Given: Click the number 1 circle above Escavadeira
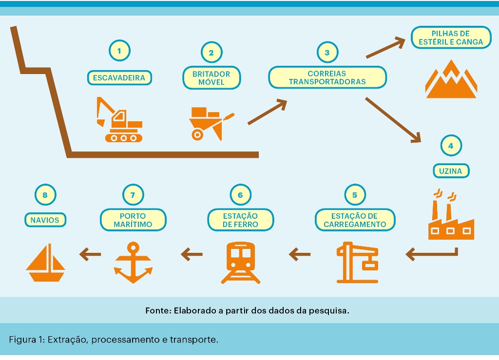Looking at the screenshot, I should pyautogui.click(x=119, y=50).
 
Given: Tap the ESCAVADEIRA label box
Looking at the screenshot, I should pyautogui.click(x=119, y=77).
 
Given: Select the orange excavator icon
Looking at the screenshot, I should pyautogui.click(x=120, y=120).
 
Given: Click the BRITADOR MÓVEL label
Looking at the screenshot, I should pyautogui.click(x=211, y=78).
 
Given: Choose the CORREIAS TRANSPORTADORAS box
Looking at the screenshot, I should pyautogui.click(x=327, y=77).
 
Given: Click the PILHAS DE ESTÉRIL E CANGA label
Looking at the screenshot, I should pyautogui.click(x=450, y=38).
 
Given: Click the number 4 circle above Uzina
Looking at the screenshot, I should pyautogui.click(x=450, y=145).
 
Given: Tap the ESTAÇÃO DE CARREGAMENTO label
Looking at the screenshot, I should pyautogui.click(x=354, y=220).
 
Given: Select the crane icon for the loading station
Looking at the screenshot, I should pyautogui.click(x=357, y=262).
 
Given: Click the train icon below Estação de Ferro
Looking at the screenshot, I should pyautogui.click(x=240, y=262).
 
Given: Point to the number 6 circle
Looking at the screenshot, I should pyautogui.click(x=240, y=195).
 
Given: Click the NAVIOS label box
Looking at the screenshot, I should pyautogui.click(x=45, y=220).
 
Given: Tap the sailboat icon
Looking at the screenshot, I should pyautogui.click(x=45, y=263).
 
